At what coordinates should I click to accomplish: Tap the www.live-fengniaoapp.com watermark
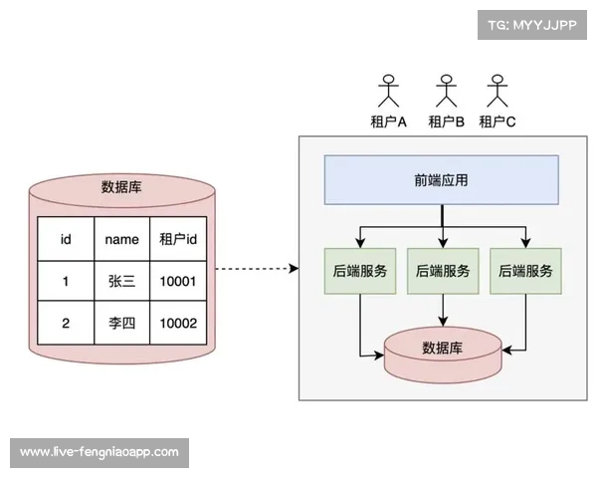point(99,452)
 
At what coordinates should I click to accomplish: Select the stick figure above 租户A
point(387,92)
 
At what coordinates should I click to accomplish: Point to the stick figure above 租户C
point(497,92)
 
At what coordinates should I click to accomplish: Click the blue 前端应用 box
point(441,181)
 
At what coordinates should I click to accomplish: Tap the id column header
point(66,239)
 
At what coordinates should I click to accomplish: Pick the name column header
point(121,239)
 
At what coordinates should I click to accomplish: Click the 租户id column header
point(177,239)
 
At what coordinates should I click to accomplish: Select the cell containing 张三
point(121,282)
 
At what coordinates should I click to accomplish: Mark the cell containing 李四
point(121,324)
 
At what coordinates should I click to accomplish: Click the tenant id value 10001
point(177,282)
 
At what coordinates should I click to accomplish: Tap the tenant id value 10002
point(177,324)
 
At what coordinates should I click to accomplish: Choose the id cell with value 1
point(66,282)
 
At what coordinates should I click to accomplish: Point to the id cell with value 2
point(66,324)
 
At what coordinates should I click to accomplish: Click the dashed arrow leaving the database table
point(256,269)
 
